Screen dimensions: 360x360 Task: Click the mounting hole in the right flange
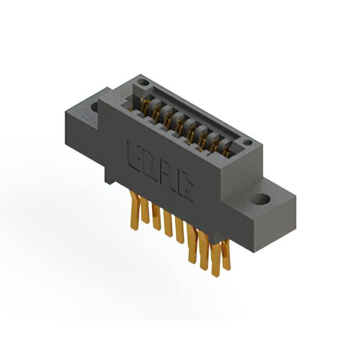pyautogui.click(x=259, y=199)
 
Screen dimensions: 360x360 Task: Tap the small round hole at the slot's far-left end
pyautogui.click(x=143, y=83)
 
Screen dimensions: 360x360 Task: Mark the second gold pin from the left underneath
pyautogui.click(x=145, y=213)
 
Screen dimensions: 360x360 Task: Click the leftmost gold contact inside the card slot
pyautogui.click(x=147, y=105)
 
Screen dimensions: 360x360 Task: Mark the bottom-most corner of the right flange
pyautogui.click(x=251, y=236)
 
